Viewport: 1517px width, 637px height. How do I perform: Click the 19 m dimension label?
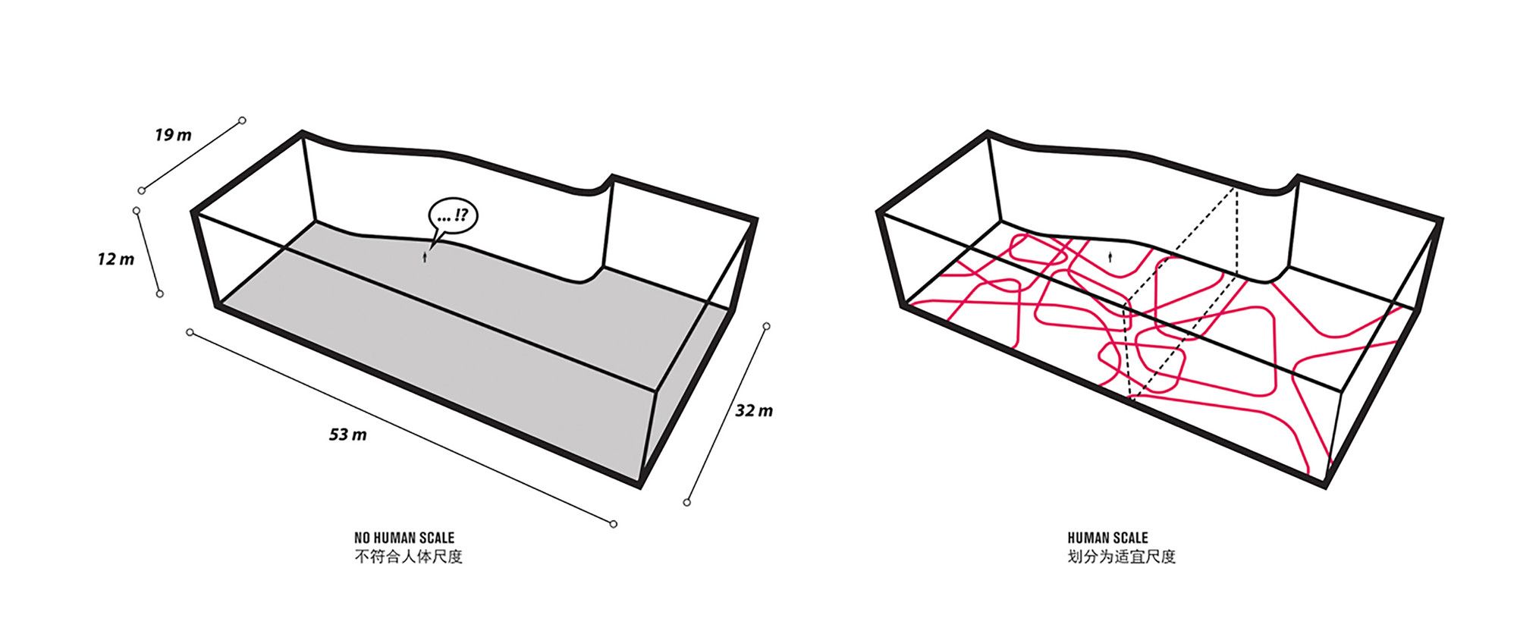click(x=174, y=136)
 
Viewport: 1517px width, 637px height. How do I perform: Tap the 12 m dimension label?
click(x=115, y=259)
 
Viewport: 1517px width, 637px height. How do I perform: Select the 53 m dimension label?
click(x=348, y=435)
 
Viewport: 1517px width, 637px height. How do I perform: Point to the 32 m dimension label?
click(x=754, y=411)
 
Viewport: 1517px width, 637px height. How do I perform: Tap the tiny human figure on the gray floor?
click(x=426, y=258)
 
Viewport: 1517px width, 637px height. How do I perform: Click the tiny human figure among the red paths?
click(x=1112, y=258)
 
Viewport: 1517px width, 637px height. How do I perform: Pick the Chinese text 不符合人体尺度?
click(x=408, y=557)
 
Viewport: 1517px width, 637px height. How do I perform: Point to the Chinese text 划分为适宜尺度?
click(x=1121, y=557)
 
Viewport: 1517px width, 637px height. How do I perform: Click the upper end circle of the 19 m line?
click(x=243, y=121)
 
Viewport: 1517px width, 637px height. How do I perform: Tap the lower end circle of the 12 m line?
click(x=159, y=293)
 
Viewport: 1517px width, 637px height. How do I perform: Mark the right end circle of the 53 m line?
click(x=614, y=524)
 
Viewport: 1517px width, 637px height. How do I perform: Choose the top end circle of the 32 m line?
click(x=767, y=327)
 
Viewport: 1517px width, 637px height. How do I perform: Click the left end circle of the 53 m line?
click(x=190, y=332)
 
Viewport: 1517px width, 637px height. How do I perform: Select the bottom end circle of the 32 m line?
click(x=687, y=502)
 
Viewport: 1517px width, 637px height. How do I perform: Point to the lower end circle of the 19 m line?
click(x=142, y=190)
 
